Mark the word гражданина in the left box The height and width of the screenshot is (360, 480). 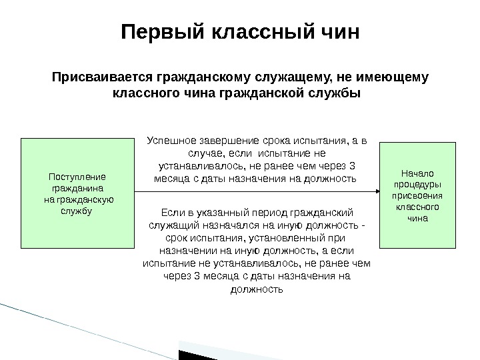pyautogui.click(x=78, y=188)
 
